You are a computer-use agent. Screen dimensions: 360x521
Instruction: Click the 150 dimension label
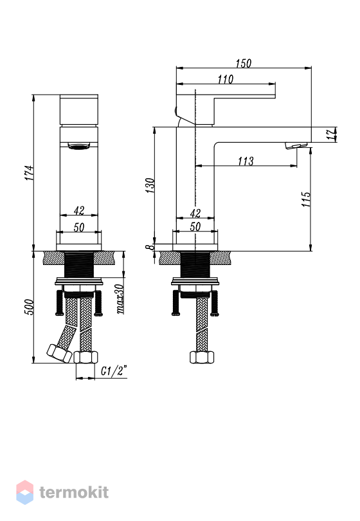[x=244, y=63]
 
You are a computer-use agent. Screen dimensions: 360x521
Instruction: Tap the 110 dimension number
[x=226, y=79]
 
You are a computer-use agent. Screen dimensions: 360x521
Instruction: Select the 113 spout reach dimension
[x=246, y=161]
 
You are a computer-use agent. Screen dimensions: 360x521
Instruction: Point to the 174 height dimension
[x=29, y=173]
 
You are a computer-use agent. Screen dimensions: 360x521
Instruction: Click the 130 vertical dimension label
[x=150, y=185]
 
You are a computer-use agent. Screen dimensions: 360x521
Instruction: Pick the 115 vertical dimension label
[x=306, y=199]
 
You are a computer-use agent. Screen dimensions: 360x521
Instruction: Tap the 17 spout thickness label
[x=331, y=134]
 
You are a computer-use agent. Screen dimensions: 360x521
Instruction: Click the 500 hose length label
[x=29, y=307]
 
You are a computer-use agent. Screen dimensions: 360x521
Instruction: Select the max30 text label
[x=120, y=299]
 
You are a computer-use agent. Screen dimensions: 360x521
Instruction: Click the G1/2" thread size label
[x=114, y=370]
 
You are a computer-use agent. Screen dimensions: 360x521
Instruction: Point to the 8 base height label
[x=150, y=247]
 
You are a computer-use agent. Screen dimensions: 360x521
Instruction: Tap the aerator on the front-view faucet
[x=79, y=145]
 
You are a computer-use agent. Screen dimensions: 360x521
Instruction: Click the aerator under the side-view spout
[x=296, y=145]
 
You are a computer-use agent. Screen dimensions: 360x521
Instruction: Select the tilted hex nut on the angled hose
[x=59, y=354]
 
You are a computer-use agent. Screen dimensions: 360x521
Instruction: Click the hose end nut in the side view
[x=202, y=357]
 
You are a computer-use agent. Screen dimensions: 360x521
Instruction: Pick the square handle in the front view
[x=79, y=109]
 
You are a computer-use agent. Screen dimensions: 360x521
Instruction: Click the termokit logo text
[x=74, y=492]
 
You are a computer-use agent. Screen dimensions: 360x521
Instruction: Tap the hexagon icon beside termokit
[x=25, y=492]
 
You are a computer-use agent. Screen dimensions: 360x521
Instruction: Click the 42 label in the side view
[x=195, y=213]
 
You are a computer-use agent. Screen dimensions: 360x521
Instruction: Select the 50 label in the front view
[x=78, y=227]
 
